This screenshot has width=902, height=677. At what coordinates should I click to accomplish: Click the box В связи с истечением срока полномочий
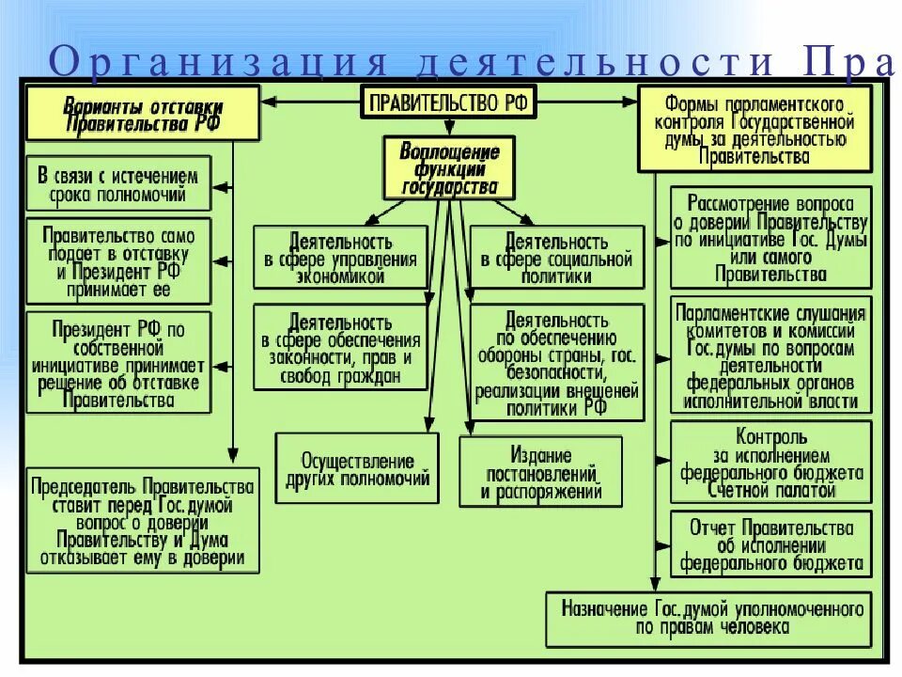tap(118, 184)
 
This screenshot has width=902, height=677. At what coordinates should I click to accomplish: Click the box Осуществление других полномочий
tap(357, 469)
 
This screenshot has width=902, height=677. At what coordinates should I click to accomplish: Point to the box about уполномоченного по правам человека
tap(709, 618)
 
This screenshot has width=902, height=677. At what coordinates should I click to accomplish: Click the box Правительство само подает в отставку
tap(118, 261)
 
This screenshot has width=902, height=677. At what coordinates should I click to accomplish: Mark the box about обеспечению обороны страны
tap(557, 363)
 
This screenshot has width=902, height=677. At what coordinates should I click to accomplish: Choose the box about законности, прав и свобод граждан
tap(340, 346)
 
